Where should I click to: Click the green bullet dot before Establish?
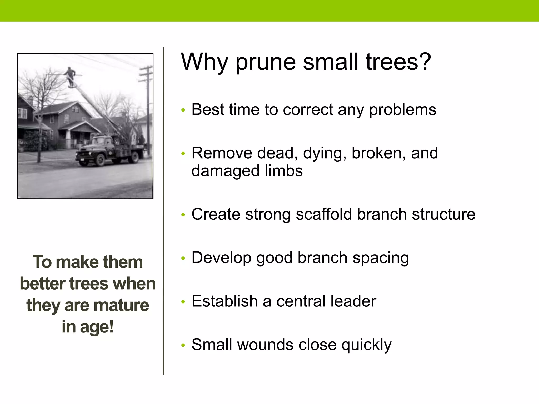[x=183, y=302]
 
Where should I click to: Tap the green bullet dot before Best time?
[x=183, y=110]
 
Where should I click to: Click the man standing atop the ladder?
[x=70, y=76]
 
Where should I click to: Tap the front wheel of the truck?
[x=100, y=159]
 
